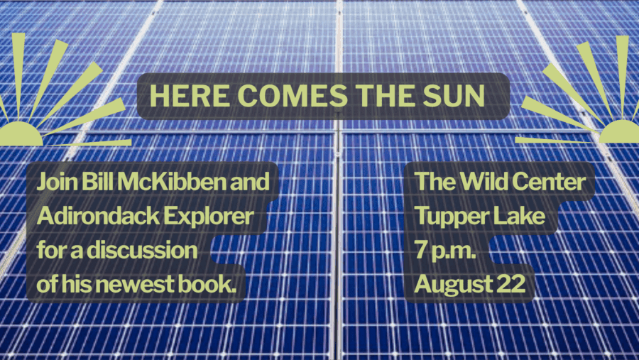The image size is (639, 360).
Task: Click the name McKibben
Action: (170, 182)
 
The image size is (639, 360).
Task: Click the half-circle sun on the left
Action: (21, 133)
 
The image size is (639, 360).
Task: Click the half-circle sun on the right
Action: (619, 131)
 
